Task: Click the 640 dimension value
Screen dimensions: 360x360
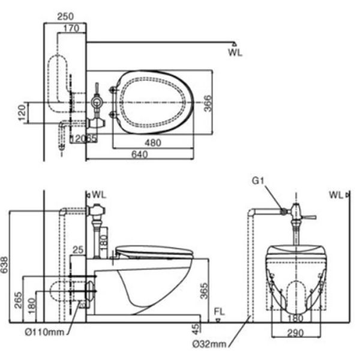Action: click(x=139, y=155)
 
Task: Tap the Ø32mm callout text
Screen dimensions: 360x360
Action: click(x=210, y=343)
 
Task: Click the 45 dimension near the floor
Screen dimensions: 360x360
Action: click(x=193, y=329)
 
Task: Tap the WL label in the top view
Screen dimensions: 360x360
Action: click(x=236, y=53)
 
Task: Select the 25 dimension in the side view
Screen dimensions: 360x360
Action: click(x=77, y=249)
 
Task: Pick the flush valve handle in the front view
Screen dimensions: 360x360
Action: click(x=309, y=215)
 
